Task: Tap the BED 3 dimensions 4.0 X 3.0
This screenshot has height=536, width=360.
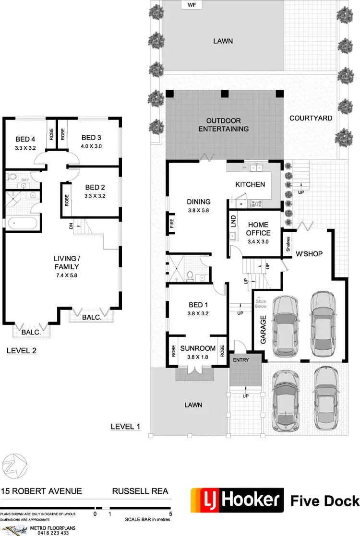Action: (x=92, y=146)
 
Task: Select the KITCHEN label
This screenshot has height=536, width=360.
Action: (x=250, y=184)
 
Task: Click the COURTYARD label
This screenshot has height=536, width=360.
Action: (x=311, y=118)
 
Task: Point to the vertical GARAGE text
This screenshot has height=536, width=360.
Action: (x=264, y=330)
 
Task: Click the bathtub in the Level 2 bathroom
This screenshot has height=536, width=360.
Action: (x=22, y=223)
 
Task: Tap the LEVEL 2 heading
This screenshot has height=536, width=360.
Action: (x=21, y=351)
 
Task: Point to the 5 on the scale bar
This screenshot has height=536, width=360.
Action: (x=170, y=513)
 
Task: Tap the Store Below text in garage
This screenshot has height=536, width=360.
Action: (x=261, y=303)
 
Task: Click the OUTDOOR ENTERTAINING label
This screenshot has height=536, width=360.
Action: (x=223, y=125)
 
